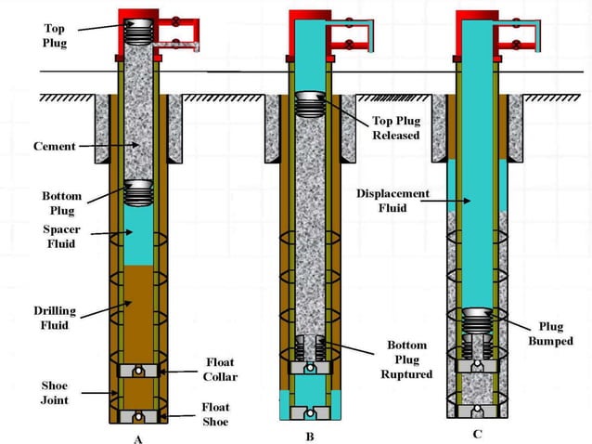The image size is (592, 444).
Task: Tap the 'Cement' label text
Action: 54,146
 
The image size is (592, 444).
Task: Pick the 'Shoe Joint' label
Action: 54,393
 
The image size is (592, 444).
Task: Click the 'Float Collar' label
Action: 219,369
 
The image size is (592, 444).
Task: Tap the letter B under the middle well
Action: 310,437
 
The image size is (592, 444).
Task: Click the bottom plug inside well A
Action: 138,192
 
